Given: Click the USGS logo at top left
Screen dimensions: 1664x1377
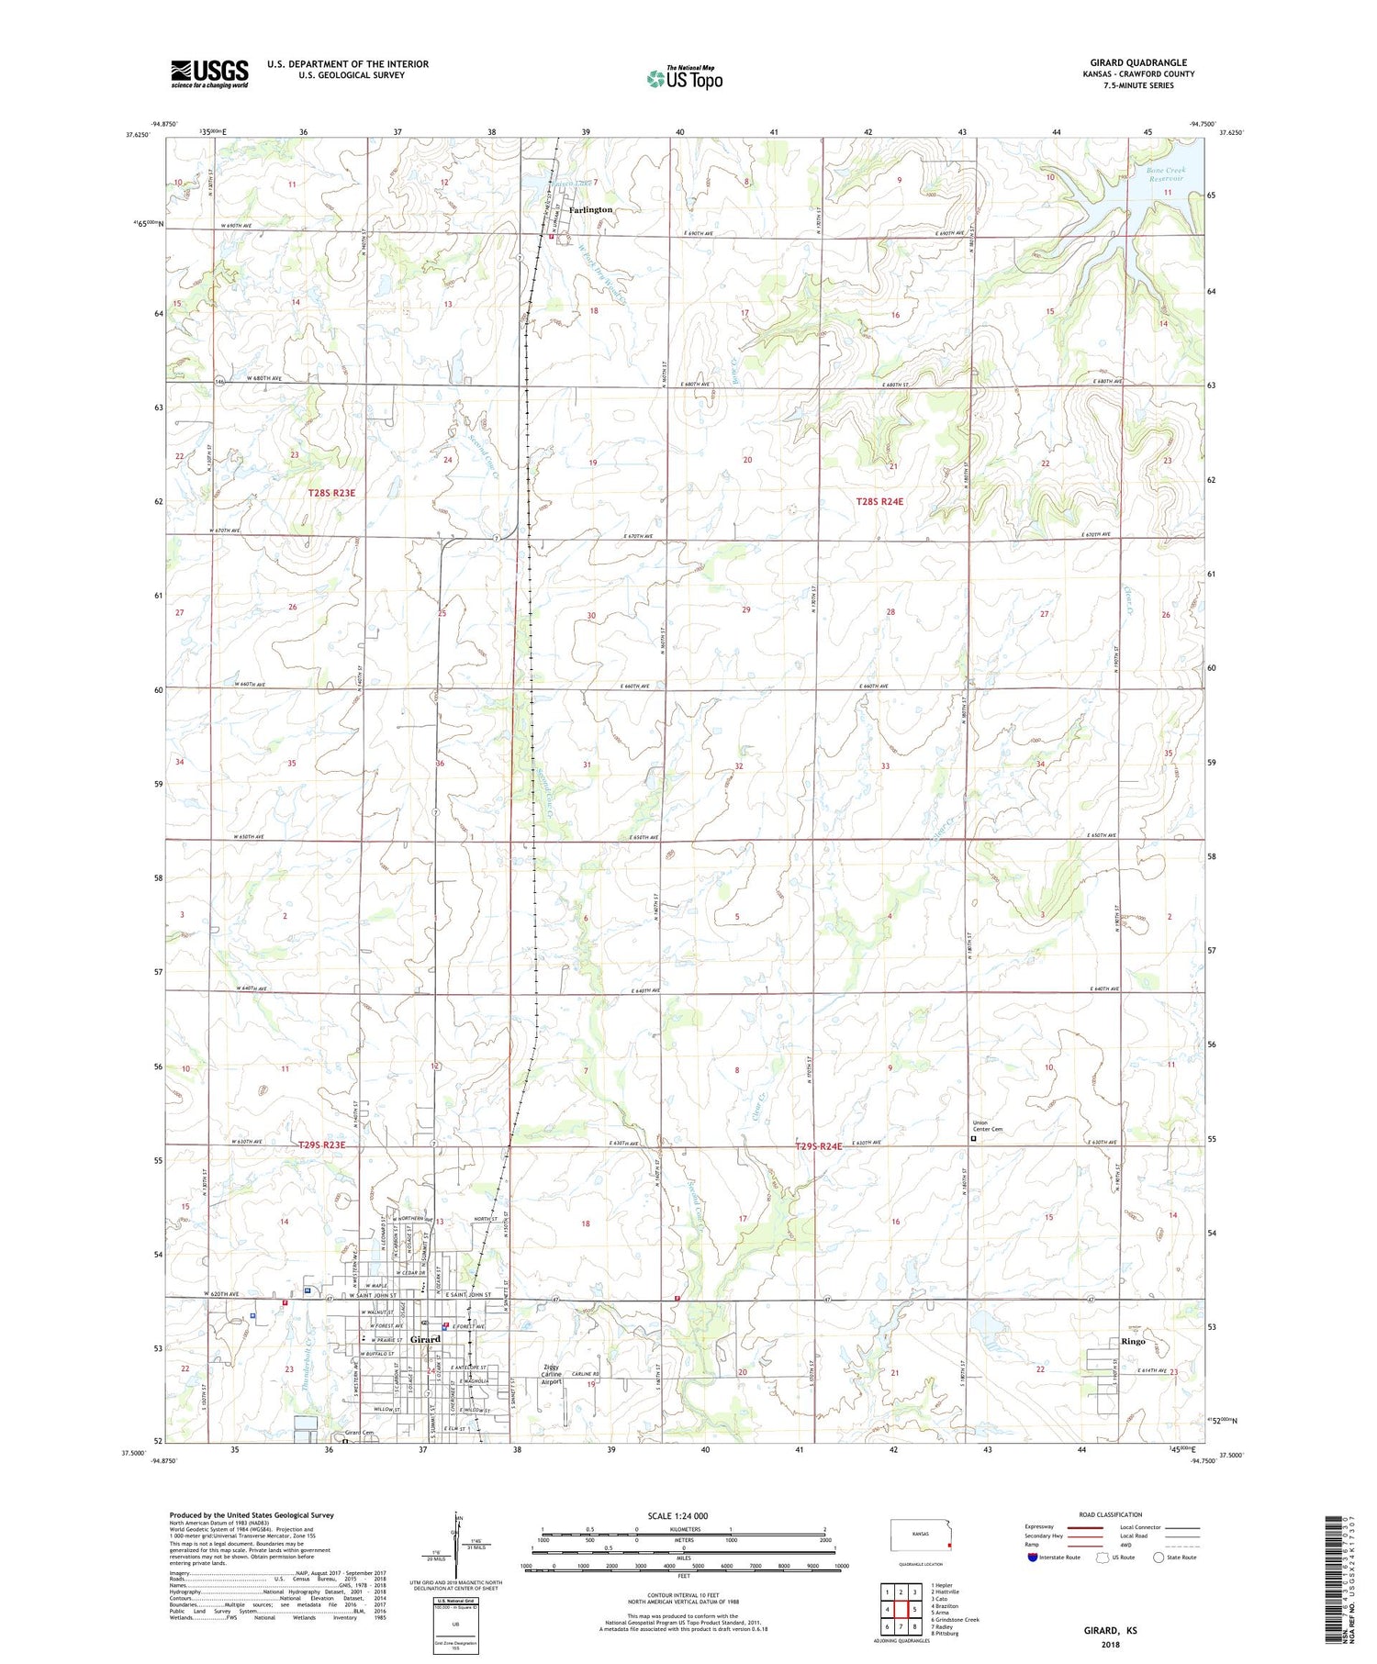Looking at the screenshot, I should click(209, 73).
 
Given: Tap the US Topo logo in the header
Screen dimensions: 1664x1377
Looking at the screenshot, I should click(684, 78).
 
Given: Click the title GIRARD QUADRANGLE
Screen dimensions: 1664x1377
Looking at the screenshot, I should click(1137, 62).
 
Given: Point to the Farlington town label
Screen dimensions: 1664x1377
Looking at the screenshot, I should click(590, 210).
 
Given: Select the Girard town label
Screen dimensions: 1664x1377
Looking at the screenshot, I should click(425, 1340).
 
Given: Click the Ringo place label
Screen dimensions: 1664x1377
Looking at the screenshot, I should click(1133, 1341).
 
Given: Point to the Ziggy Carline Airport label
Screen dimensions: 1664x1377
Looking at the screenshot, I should click(551, 1374).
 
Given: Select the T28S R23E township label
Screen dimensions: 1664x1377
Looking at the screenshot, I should click(330, 493).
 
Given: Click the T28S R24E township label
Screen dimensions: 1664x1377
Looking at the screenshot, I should click(879, 501).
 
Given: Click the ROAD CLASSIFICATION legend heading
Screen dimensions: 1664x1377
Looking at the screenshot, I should click(1111, 1514).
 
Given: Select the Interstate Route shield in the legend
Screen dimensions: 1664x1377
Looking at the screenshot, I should click(1033, 1558).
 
